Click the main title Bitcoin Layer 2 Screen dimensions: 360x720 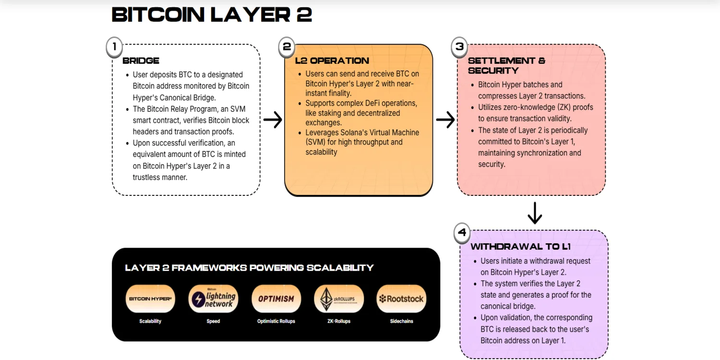point(212,14)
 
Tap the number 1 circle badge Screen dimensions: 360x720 point(114,47)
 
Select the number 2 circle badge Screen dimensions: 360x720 point(287,47)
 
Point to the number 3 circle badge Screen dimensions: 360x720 point(459,47)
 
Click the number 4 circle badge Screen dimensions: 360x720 point(462,233)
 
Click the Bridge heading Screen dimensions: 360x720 point(141,60)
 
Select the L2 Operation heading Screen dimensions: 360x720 point(332,60)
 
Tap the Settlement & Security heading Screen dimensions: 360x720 point(506,65)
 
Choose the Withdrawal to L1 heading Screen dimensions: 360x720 point(520,247)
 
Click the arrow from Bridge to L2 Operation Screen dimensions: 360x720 point(273,120)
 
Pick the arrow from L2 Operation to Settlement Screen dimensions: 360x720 point(445,120)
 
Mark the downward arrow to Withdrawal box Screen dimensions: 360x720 point(535,213)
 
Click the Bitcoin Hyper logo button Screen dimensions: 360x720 point(150,299)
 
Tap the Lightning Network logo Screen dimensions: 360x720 point(213,299)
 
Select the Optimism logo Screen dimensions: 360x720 point(276,299)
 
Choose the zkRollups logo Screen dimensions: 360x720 point(338,299)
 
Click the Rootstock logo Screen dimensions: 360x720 point(401,299)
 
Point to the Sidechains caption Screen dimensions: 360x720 point(401,321)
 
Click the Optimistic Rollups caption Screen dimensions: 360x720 point(276,321)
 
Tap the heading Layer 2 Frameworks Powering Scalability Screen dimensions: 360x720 point(249,268)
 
